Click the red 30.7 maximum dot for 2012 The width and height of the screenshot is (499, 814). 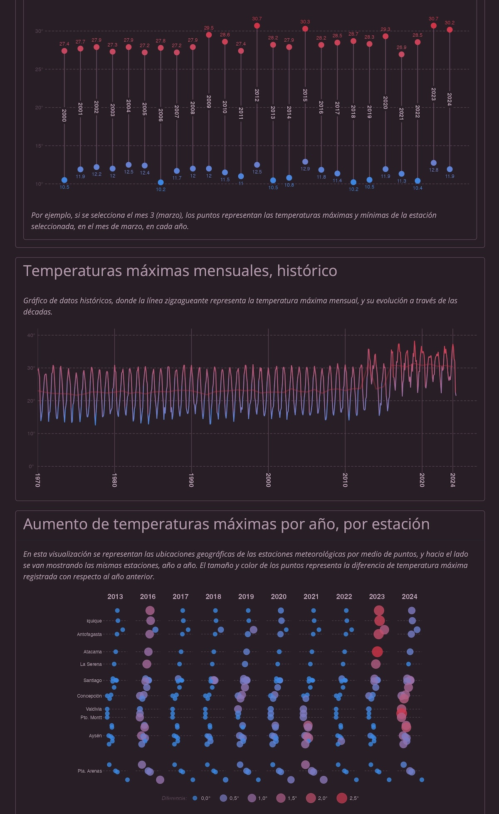(x=257, y=26)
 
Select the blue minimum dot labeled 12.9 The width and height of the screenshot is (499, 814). (x=305, y=162)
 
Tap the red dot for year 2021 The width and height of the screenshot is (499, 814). (x=401, y=54)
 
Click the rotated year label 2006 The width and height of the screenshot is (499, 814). (x=161, y=115)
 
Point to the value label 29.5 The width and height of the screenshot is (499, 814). (x=209, y=28)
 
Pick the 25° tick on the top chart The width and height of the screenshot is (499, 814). (x=39, y=69)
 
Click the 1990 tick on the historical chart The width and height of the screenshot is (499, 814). (x=191, y=480)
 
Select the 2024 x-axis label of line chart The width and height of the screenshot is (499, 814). (x=453, y=480)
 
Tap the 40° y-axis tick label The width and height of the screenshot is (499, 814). (x=30, y=335)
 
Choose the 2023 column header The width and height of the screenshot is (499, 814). (x=377, y=596)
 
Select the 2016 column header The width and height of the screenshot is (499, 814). (x=148, y=596)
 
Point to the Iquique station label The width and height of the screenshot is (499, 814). (x=94, y=621)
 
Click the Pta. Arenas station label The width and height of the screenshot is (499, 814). (x=89, y=771)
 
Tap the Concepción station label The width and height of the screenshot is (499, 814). (x=89, y=696)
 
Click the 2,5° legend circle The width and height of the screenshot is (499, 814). (x=341, y=798)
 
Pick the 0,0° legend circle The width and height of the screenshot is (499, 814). (x=195, y=798)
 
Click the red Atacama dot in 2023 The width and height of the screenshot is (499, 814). (x=377, y=652)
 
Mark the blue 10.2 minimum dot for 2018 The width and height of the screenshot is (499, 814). (x=353, y=182)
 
